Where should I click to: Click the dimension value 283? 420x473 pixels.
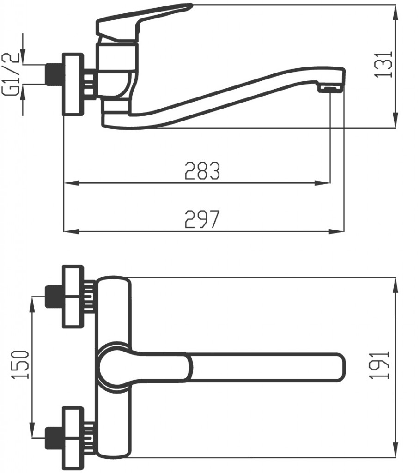tap(202, 170)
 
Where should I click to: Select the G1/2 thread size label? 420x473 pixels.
tap(12, 74)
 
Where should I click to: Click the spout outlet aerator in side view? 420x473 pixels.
tap(330, 88)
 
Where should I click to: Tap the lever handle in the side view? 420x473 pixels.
tap(143, 18)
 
